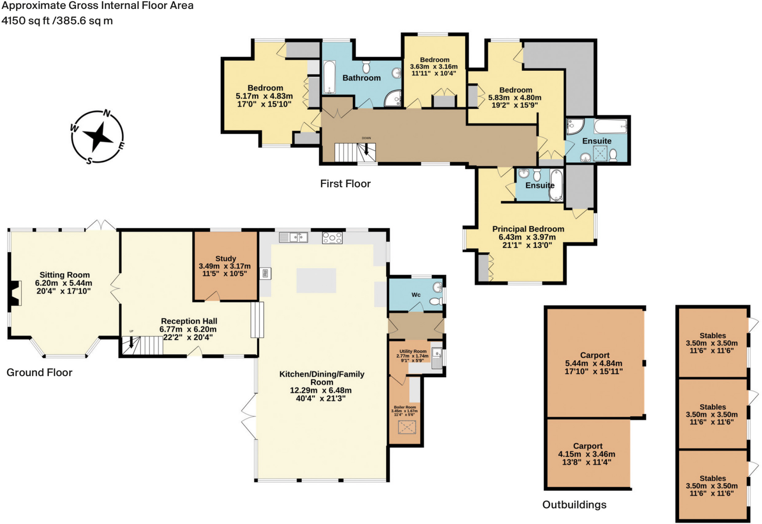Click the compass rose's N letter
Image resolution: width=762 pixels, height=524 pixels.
[x=107, y=113]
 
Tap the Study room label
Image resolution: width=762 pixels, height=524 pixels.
[x=225, y=258]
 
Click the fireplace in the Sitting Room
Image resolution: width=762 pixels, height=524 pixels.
[x=15, y=293]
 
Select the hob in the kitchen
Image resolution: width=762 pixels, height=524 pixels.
[x=332, y=238]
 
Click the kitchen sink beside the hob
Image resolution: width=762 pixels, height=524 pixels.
[x=294, y=237]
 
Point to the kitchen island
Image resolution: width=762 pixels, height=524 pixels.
[x=316, y=280]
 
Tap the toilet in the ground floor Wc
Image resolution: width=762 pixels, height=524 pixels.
[x=435, y=301]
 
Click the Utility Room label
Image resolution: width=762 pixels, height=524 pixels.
[x=413, y=351]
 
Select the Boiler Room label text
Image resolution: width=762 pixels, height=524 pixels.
[x=405, y=407]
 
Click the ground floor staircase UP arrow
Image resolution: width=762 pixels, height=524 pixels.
[x=131, y=342]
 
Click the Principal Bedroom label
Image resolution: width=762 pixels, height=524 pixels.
[x=528, y=229]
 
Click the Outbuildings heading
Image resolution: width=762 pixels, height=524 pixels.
[x=574, y=505]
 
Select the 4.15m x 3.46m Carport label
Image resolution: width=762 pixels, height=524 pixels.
[x=587, y=446]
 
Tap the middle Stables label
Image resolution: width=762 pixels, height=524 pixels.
[x=712, y=407]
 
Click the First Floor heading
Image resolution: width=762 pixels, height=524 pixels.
[x=345, y=184]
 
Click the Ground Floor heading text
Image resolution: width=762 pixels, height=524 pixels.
[x=39, y=372]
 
